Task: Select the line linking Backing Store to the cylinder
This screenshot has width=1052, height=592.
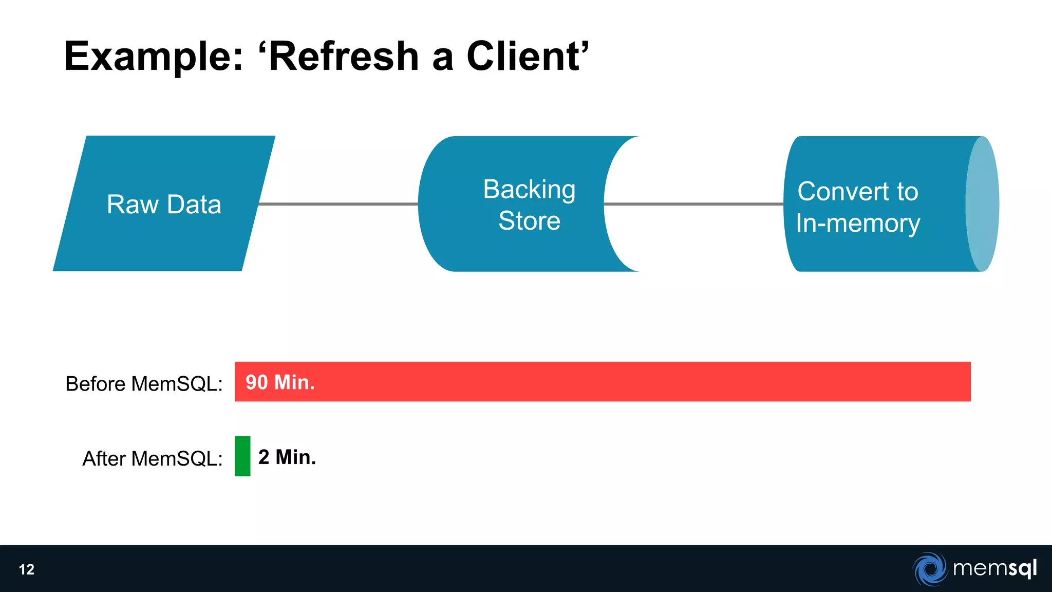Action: (x=693, y=204)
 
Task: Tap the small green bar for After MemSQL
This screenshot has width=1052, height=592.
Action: (x=242, y=456)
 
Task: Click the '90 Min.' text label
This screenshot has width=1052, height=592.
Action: (x=280, y=382)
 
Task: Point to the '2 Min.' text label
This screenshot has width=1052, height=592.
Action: (x=287, y=457)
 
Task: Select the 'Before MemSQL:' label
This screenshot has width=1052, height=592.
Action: (x=144, y=384)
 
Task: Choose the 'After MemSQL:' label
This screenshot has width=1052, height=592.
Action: (x=153, y=458)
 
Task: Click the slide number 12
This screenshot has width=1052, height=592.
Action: (x=27, y=569)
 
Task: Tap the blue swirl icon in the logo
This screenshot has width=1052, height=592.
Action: (x=930, y=569)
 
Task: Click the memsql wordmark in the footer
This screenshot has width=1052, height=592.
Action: (x=994, y=568)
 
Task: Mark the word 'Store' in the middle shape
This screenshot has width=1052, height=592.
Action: (x=529, y=220)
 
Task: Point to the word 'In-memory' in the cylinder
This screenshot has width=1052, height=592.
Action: (x=858, y=223)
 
